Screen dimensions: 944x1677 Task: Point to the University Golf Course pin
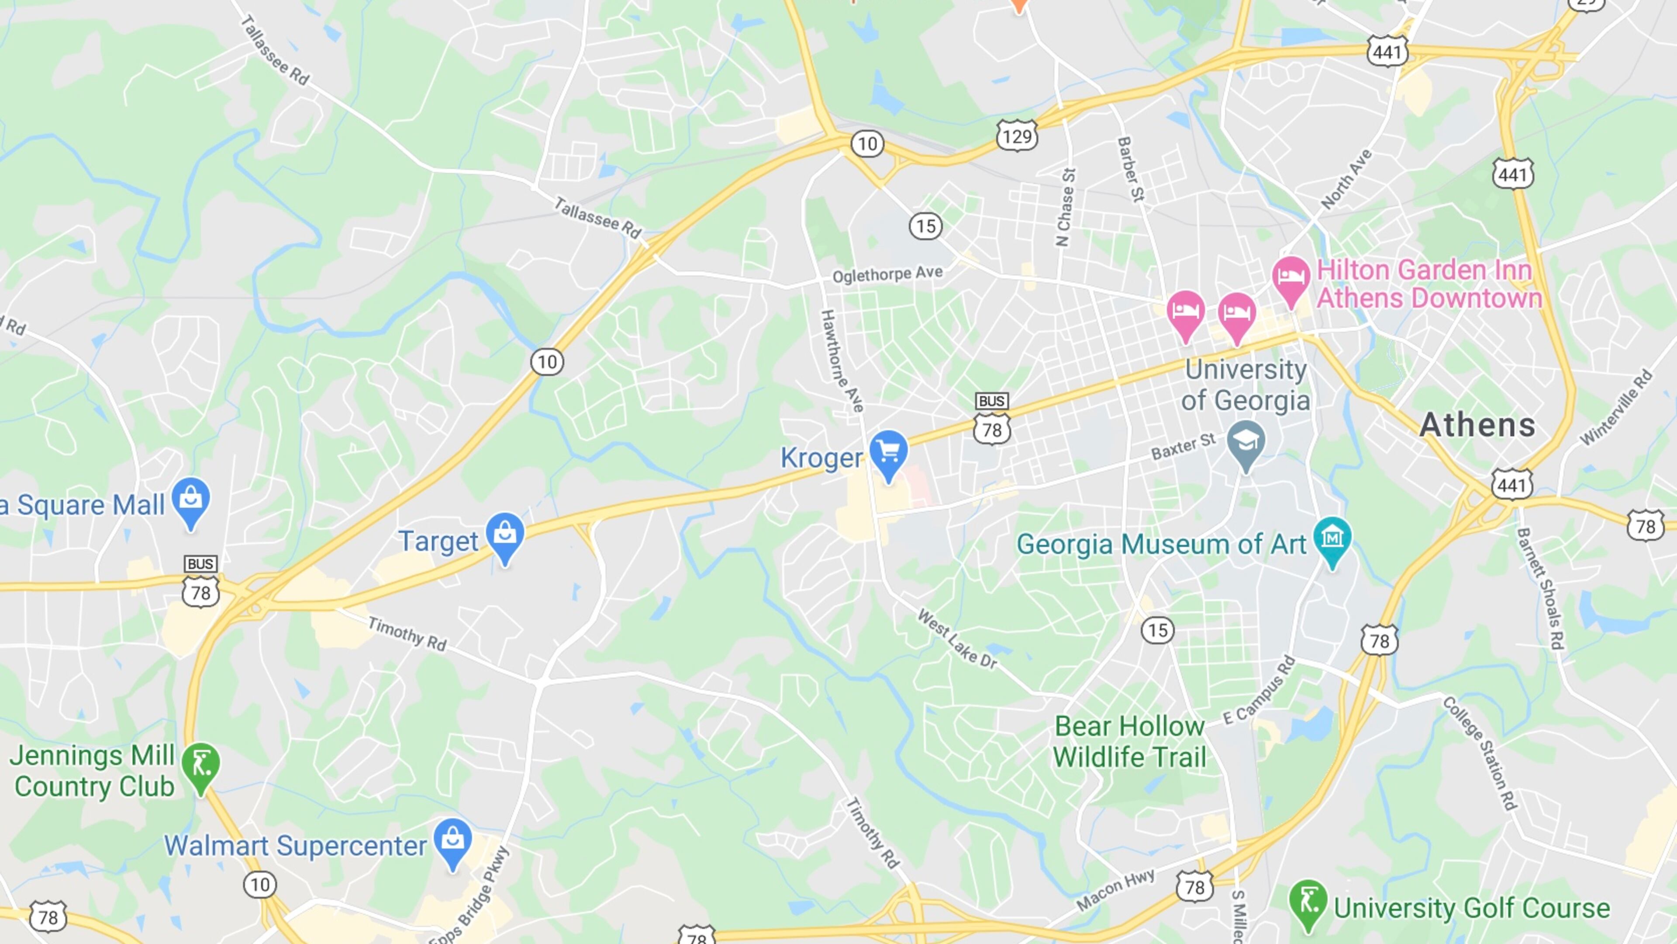[1307, 902]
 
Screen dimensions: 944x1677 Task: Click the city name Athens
[1477, 425]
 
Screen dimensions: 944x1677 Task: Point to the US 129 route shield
[1017, 136]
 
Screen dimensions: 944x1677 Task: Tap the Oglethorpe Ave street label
[887, 274]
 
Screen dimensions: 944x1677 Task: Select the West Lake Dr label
[957, 639]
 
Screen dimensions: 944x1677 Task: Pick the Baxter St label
[1183, 446]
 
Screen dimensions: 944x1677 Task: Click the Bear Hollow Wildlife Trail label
[1129, 741]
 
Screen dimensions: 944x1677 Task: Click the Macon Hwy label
[1115, 889]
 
